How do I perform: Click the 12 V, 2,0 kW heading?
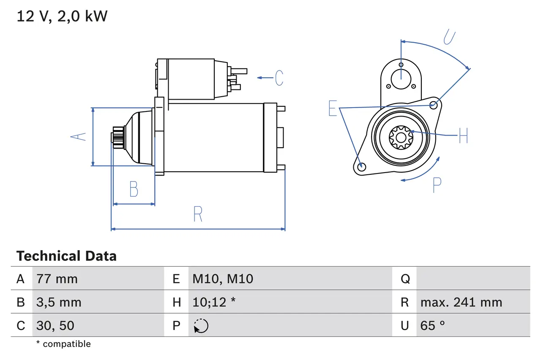click(x=62, y=16)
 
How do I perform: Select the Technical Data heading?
click(x=66, y=256)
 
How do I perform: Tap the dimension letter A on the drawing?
click(x=78, y=137)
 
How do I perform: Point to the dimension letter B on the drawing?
click(x=134, y=189)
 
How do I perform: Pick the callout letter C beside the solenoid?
click(x=279, y=78)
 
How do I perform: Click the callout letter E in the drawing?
click(x=333, y=108)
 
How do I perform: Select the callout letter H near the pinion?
click(x=463, y=135)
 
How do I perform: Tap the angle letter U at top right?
click(x=449, y=37)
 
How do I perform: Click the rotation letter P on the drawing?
click(x=437, y=185)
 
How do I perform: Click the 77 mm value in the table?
click(x=57, y=279)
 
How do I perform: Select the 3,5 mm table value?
click(x=59, y=302)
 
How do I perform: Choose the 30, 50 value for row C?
click(x=55, y=325)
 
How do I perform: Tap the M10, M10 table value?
click(x=223, y=279)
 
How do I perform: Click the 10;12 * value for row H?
click(x=214, y=302)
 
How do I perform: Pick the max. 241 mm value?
click(x=461, y=302)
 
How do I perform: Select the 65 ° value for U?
click(x=432, y=325)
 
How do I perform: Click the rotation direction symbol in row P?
click(x=201, y=326)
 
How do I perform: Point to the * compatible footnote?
click(x=63, y=344)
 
